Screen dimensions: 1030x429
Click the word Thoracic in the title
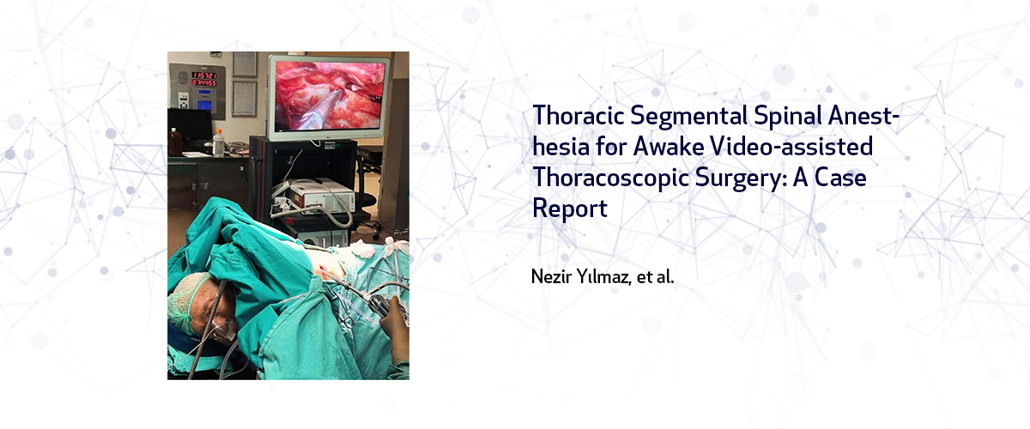tap(578, 115)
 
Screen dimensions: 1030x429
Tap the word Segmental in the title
tap(688, 115)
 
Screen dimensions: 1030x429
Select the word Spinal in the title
tap(787, 116)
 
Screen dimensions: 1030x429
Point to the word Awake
tap(668, 146)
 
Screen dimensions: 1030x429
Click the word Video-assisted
tap(791, 146)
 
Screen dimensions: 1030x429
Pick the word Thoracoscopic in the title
tap(610, 178)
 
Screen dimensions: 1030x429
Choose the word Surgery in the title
tap(739, 178)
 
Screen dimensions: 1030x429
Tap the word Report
tap(570, 209)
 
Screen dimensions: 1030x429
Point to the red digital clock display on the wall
tap(204, 78)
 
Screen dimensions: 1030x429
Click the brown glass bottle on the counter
tap(175, 142)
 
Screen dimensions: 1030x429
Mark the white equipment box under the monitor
tap(313, 196)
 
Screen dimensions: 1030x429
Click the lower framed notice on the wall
tap(244, 99)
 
